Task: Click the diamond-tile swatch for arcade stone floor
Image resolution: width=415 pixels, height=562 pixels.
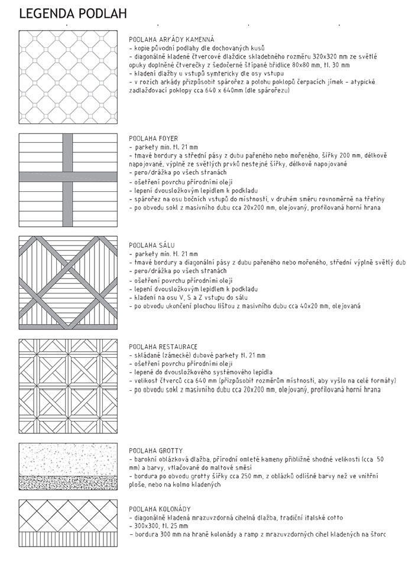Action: tap(69, 76)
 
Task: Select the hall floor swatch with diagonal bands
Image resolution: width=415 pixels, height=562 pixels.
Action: tap(69, 282)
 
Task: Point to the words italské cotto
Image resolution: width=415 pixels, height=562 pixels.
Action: tap(324, 517)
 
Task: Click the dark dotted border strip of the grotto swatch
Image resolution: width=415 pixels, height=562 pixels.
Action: tap(69, 482)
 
